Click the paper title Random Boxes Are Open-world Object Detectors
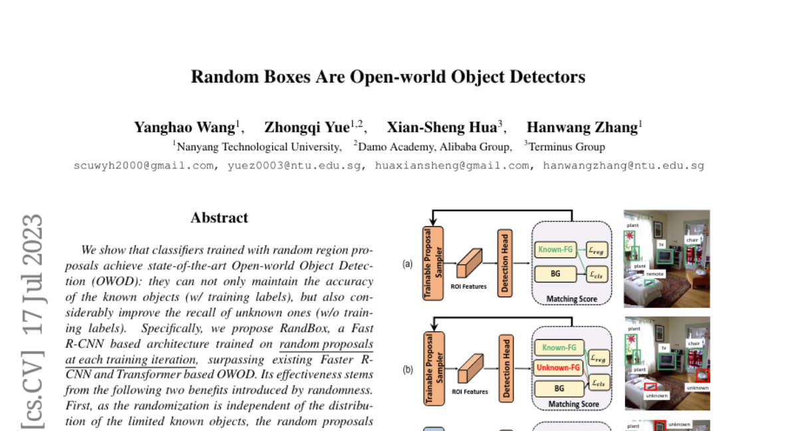click(x=388, y=77)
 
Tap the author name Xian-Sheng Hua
click(x=442, y=127)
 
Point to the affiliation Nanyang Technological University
click(x=259, y=147)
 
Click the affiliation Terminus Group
click(x=567, y=147)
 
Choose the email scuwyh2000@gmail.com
click(x=144, y=166)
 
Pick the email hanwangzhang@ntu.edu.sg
click(x=623, y=166)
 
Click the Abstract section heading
click(x=219, y=218)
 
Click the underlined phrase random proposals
click(x=326, y=345)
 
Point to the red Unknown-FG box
click(x=558, y=367)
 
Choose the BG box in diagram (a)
click(x=558, y=273)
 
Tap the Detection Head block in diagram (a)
click(x=505, y=262)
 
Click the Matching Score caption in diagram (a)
click(x=571, y=299)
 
